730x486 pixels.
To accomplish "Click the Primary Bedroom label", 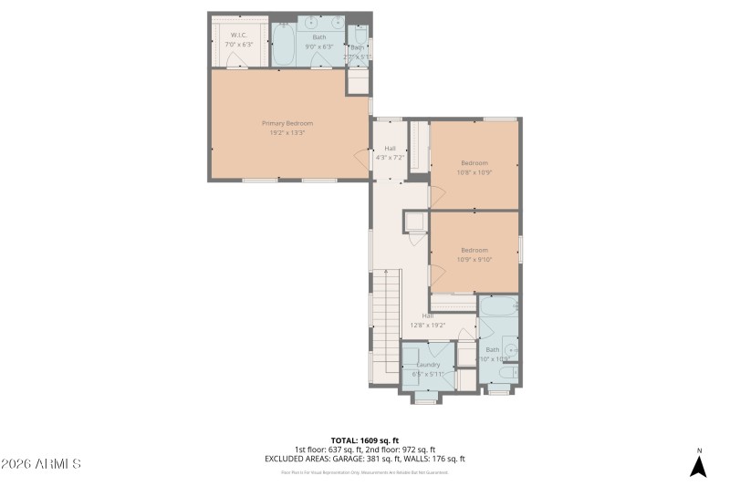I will click(x=287, y=123).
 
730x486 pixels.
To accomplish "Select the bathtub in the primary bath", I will click(x=284, y=44).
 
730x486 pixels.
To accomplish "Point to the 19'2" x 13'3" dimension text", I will click(x=287, y=133).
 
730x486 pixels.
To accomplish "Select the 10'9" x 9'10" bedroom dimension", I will click(x=474, y=259).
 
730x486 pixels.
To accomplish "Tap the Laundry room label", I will click(x=428, y=365).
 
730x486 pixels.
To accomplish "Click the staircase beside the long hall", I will click(x=390, y=319).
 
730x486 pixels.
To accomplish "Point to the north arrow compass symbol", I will click(x=698, y=464).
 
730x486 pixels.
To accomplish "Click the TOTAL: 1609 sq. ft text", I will click(x=364, y=439).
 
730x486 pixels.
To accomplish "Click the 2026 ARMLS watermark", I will click(x=42, y=464).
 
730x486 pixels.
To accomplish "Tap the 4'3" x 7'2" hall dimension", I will click(x=390, y=157).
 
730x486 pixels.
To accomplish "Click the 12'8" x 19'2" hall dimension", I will click(x=427, y=325).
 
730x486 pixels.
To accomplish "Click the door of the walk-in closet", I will click(x=237, y=59).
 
